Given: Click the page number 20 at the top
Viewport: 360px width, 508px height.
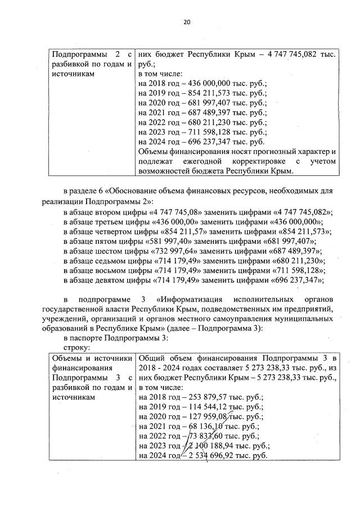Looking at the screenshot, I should [187, 22].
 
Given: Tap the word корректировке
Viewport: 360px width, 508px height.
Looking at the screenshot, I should [265, 161].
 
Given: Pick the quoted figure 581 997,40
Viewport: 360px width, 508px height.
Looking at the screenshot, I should [168, 241].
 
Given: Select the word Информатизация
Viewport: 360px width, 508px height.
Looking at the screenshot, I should [194, 298].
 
